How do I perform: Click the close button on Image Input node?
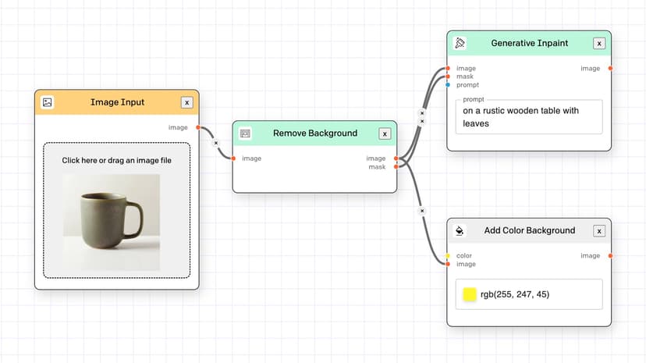[186, 102]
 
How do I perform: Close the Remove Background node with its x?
[385, 133]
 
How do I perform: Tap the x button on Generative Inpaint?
[599, 43]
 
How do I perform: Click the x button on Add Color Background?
[599, 231]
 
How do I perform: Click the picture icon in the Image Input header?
[48, 102]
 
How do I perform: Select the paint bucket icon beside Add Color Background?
[460, 231]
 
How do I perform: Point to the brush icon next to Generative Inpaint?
[460, 43]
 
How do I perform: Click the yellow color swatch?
[470, 294]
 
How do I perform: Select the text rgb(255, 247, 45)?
[515, 294]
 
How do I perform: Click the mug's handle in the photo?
[135, 219]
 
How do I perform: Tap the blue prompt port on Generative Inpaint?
[448, 85]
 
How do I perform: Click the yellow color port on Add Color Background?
[448, 255]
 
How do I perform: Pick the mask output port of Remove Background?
[396, 167]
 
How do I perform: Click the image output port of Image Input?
[198, 127]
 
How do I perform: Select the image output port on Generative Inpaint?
[610, 69]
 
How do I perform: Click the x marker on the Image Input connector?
[216, 143]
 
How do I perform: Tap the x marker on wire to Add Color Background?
[422, 211]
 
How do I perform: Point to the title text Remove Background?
[315, 133]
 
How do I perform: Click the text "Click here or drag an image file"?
[116, 160]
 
